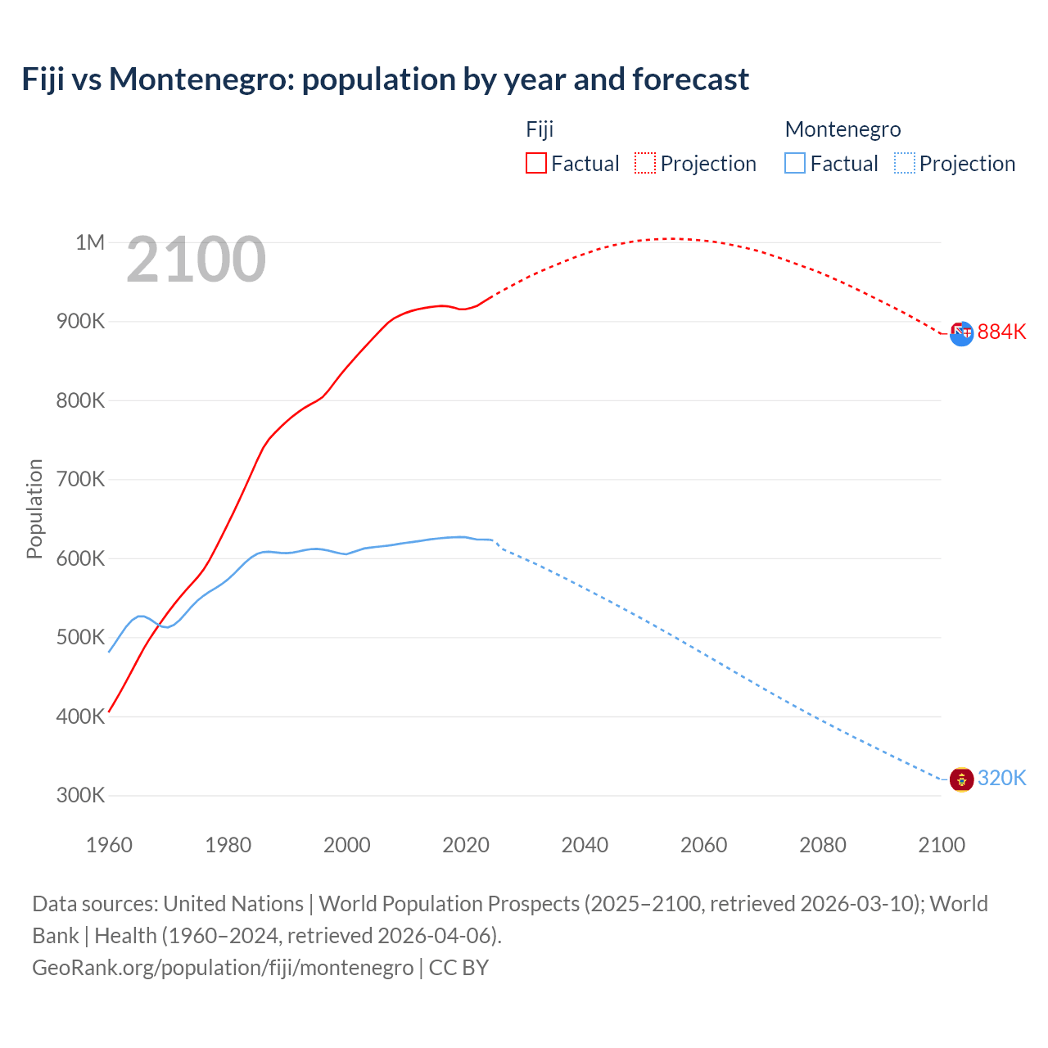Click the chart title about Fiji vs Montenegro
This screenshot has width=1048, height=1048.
tap(385, 79)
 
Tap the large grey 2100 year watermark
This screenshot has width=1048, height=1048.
tap(196, 260)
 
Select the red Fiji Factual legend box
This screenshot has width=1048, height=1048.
tap(535, 163)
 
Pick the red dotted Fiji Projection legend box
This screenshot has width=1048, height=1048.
tap(645, 163)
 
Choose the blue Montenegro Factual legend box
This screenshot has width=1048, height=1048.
tap(794, 163)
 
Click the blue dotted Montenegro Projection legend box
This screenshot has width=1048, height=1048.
tap(904, 163)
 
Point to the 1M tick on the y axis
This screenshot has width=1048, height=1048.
tap(90, 242)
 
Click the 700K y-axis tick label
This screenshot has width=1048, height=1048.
tap(80, 479)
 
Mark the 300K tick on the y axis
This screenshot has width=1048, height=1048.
tap(80, 795)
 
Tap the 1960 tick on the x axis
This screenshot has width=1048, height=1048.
tap(109, 845)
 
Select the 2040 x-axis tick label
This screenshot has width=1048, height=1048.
tap(585, 845)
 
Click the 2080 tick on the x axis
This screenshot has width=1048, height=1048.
tap(823, 845)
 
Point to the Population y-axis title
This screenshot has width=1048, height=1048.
tap(34, 508)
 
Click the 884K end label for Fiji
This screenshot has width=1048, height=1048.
tap(1001, 332)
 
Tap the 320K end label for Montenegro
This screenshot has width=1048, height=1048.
tap(1001, 778)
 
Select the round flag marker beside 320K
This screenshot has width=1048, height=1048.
tap(961, 779)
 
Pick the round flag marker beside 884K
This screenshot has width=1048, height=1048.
tap(961, 333)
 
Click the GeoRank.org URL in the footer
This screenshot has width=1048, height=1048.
tap(223, 967)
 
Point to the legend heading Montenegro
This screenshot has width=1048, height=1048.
tap(842, 129)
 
